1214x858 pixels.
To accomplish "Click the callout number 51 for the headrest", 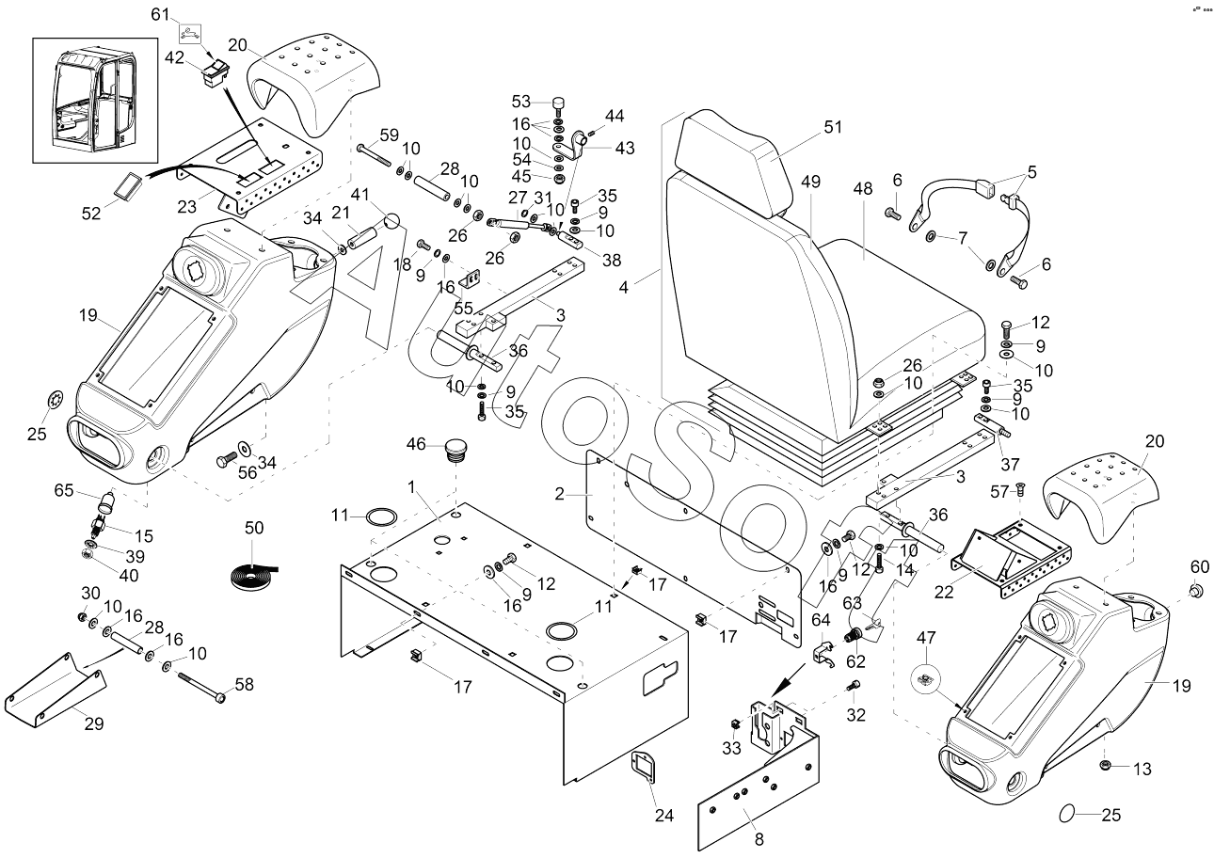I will [832, 127].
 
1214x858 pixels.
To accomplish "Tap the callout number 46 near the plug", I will [416, 443].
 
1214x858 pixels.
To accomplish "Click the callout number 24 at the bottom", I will [664, 816].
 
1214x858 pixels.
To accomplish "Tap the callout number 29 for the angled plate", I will [94, 723].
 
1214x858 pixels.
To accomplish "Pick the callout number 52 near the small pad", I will [90, 214].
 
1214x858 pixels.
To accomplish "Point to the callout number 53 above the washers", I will [521, 101].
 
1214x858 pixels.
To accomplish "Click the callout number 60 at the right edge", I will [1199, 566].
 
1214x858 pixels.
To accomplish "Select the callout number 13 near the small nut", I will [1141, 769].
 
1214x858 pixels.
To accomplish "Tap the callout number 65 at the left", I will [63, 489].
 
